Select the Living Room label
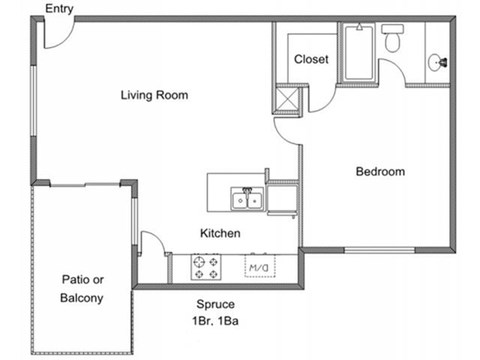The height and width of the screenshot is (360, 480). (154, 96)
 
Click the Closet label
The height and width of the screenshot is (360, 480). (311, 59)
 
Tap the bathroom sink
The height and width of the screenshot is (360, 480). (436, 62)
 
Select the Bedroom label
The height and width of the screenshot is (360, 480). (380, 172)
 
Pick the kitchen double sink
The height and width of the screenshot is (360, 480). (245, 200)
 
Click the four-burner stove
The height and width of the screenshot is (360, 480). (206, 267)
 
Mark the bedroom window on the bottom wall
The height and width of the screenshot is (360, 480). (379, 250)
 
